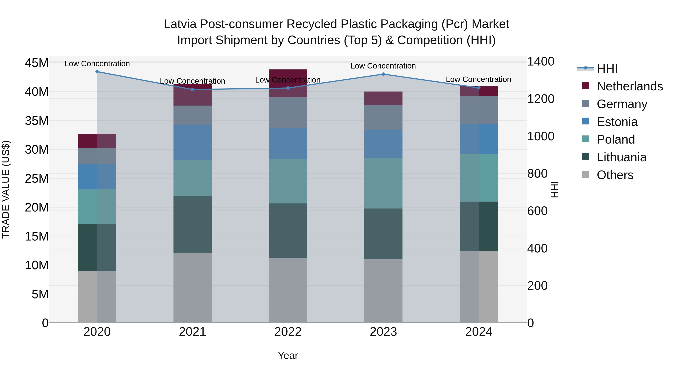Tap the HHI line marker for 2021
click(193, 89)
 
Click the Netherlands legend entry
click(629, 86)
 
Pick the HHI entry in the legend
click(607, 69)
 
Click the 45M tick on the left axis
click(37, 63)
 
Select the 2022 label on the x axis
click(288, 332)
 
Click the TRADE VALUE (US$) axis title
click(6, 189)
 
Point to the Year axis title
click(288, 355)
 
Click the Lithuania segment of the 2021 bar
click(193, 224)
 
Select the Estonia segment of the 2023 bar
click(383, 144)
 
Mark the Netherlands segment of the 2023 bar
click(383, 98)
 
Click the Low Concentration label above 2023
click(383, 66)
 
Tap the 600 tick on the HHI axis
click(537, 211)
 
